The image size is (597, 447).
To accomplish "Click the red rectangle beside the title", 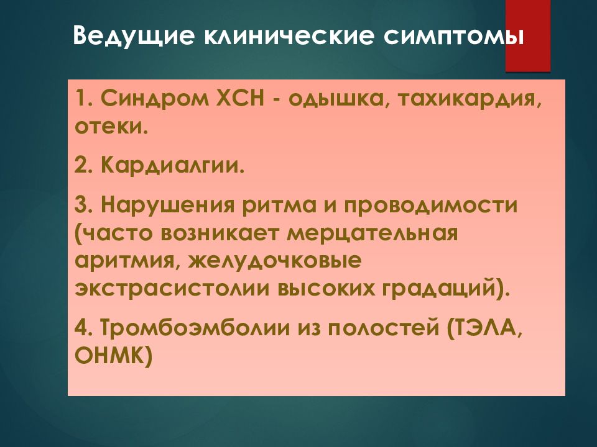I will pyautogui.click(x=527, y=36).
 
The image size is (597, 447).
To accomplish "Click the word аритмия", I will pyautogui.click(x=124, y=261).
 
